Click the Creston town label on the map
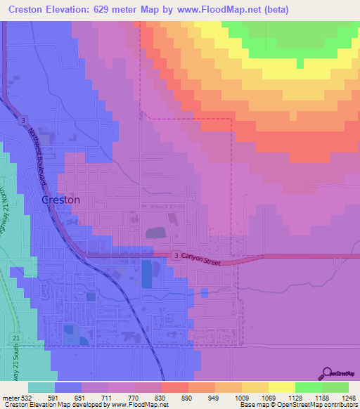tap(61, 200)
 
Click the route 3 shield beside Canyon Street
tap(175, 257)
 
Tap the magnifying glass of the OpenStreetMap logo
tap(326, 372)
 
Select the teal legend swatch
tap(41, 387)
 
